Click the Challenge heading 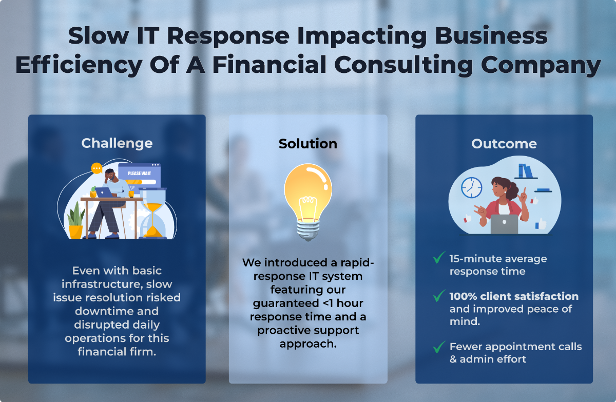[117, 144]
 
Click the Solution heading [308, 144]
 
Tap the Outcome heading [504, 144]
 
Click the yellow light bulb [308, 202]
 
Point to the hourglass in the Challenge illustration [152, 213]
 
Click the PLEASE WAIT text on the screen [140, 174]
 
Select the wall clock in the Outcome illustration [471, 188]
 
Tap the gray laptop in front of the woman [504, 224]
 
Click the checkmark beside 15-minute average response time [439, 257]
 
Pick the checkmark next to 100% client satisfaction [439, 296]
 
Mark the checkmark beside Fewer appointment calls [439, 347]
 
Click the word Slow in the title [99, 36]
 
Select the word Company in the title [541, 65]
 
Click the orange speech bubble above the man [97, 168]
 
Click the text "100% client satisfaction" [514, 296]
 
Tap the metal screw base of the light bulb [308, 229]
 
